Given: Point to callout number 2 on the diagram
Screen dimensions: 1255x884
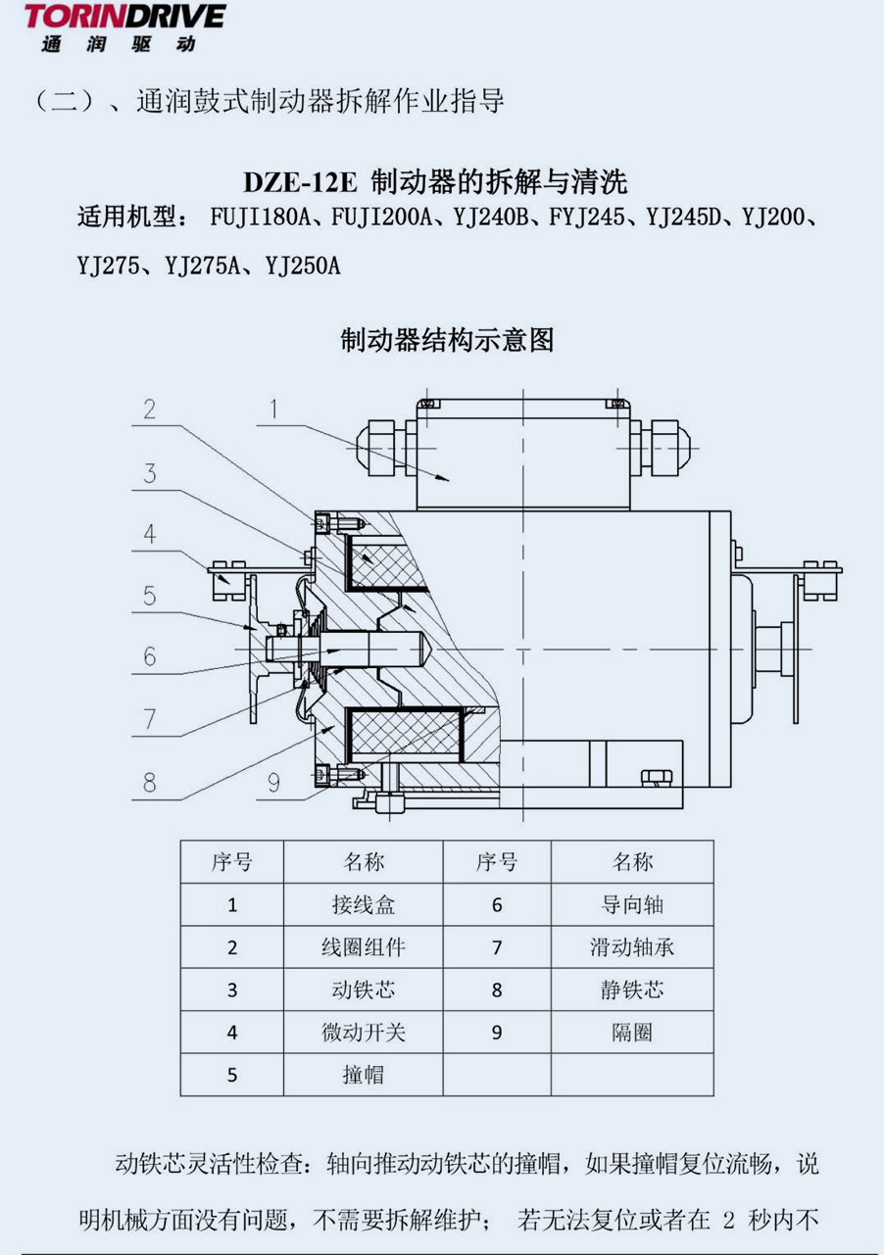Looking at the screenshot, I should (x=150, y=409).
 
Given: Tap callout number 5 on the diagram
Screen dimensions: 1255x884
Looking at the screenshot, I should (x=150, y=595).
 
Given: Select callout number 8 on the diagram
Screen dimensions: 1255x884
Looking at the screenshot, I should (x=150, y=783).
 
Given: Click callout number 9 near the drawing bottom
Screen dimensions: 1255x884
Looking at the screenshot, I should (x=273, y=783).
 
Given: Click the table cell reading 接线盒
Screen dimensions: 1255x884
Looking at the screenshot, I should (x=364, y=904).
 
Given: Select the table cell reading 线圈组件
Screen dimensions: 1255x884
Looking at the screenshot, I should (x=364, y=947).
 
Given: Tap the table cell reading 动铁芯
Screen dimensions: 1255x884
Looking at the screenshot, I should (x=364, y=990).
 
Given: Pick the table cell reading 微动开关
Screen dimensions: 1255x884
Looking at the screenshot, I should (x=364, y=1033).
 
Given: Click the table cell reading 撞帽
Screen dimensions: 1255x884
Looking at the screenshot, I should (x=364, y=1075).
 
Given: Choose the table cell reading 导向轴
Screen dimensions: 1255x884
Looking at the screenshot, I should (x=633, y=904).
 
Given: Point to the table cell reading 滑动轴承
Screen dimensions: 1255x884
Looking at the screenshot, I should (x=633, y=947).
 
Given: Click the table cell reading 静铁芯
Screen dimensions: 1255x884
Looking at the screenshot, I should (x=633, y=990).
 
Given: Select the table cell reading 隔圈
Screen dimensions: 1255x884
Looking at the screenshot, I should (x=633, y=1033).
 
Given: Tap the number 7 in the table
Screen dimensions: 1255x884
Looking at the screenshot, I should (x=497, y=947).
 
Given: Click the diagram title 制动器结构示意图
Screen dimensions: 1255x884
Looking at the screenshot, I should (x=447, y=340).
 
